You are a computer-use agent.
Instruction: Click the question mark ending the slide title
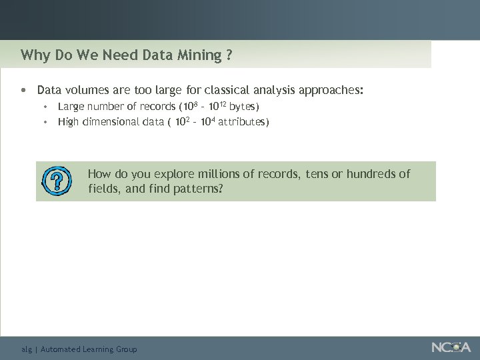coord(229,55)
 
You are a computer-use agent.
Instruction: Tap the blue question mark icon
coord(57,181)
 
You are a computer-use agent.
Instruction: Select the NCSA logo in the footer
coord(451,347)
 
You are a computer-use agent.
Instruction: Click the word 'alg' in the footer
coord(27,349)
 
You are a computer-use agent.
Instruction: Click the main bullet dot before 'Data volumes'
coord(24,89)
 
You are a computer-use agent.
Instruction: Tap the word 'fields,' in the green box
coord(102,189)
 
